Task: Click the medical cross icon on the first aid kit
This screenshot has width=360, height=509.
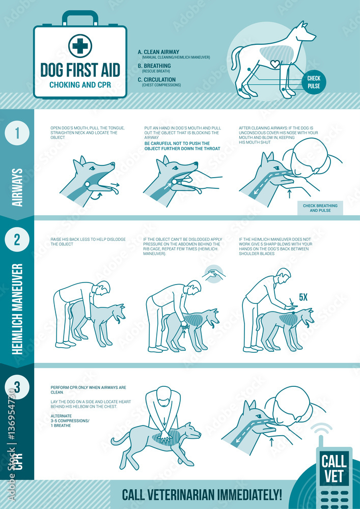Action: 79,46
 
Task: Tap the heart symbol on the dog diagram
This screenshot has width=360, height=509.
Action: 275,65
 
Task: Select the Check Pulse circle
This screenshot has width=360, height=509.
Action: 314,81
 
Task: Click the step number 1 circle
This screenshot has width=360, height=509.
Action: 17,133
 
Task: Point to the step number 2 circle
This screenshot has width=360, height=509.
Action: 17,240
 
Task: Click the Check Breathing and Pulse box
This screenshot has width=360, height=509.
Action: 320,208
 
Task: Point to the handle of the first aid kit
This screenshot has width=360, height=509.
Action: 80,18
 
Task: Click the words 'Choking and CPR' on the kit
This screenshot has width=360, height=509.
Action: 80,84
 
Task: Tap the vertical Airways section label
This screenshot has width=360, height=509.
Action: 17,188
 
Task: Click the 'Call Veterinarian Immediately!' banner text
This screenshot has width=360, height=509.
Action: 202,494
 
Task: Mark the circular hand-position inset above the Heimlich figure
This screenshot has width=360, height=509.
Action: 214,274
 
